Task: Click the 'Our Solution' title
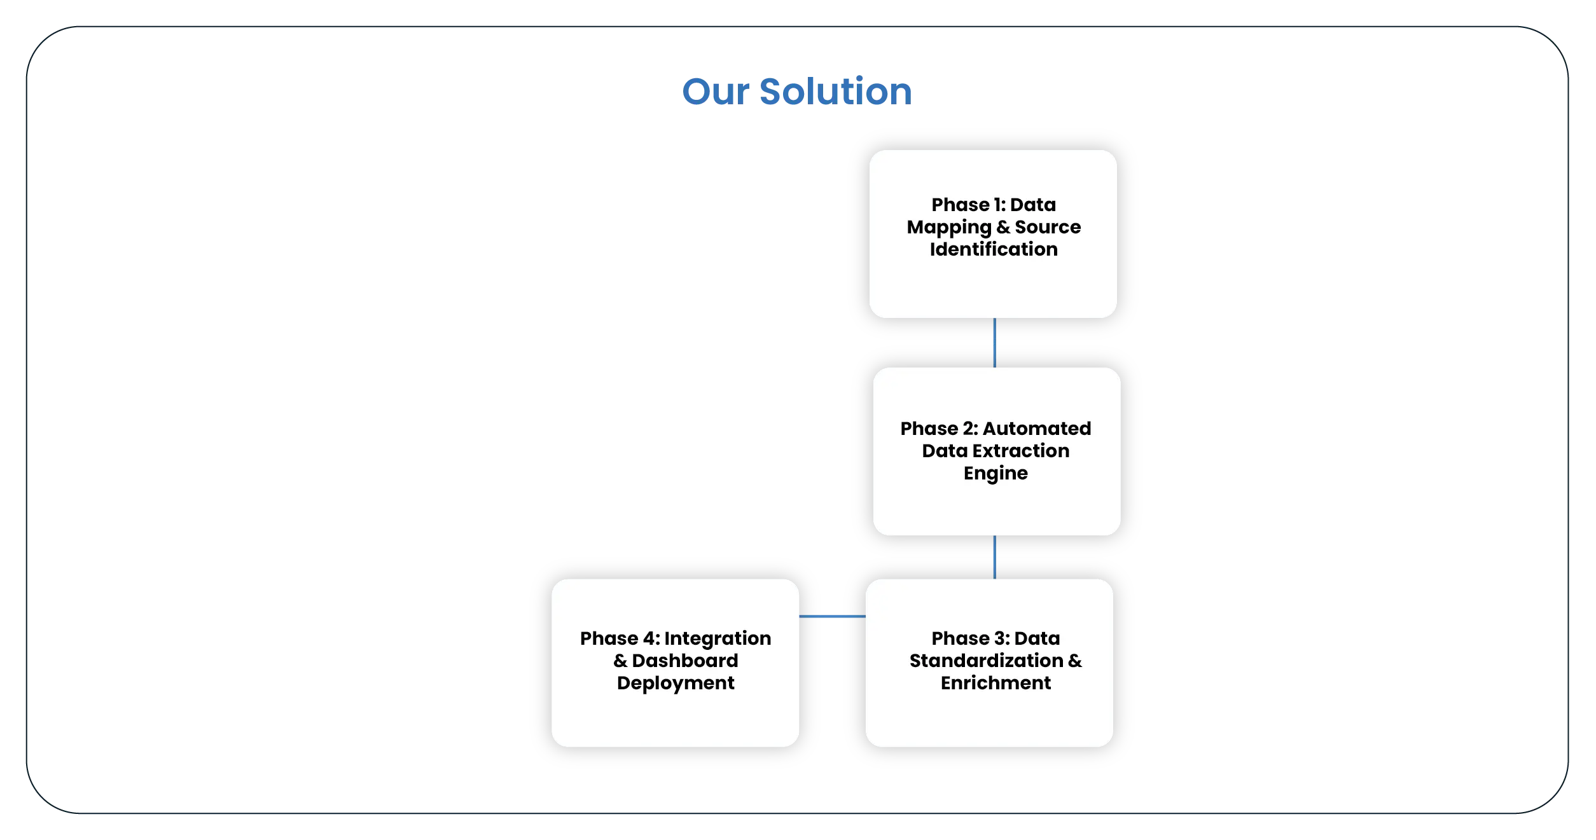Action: [796, 92]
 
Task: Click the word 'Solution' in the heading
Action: [835, 92]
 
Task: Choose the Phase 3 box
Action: [989, 719]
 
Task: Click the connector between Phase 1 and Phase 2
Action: [994, 343]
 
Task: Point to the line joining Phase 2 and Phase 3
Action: [994, 557]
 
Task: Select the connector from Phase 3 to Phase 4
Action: [832, 616]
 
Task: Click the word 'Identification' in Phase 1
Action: [994, 249]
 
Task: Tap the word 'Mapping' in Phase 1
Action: [949, 227]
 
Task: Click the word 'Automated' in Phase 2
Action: [1037, 429]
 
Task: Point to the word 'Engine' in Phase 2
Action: [996, 473]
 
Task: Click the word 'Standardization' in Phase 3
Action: [986, 661]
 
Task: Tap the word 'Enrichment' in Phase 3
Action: [996, 683]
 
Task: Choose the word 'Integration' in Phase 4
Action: [718, 638]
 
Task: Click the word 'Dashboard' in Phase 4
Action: [684, 661]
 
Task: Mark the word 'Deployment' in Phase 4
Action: [676, 683]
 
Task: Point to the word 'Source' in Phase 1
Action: [1048, 227]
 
